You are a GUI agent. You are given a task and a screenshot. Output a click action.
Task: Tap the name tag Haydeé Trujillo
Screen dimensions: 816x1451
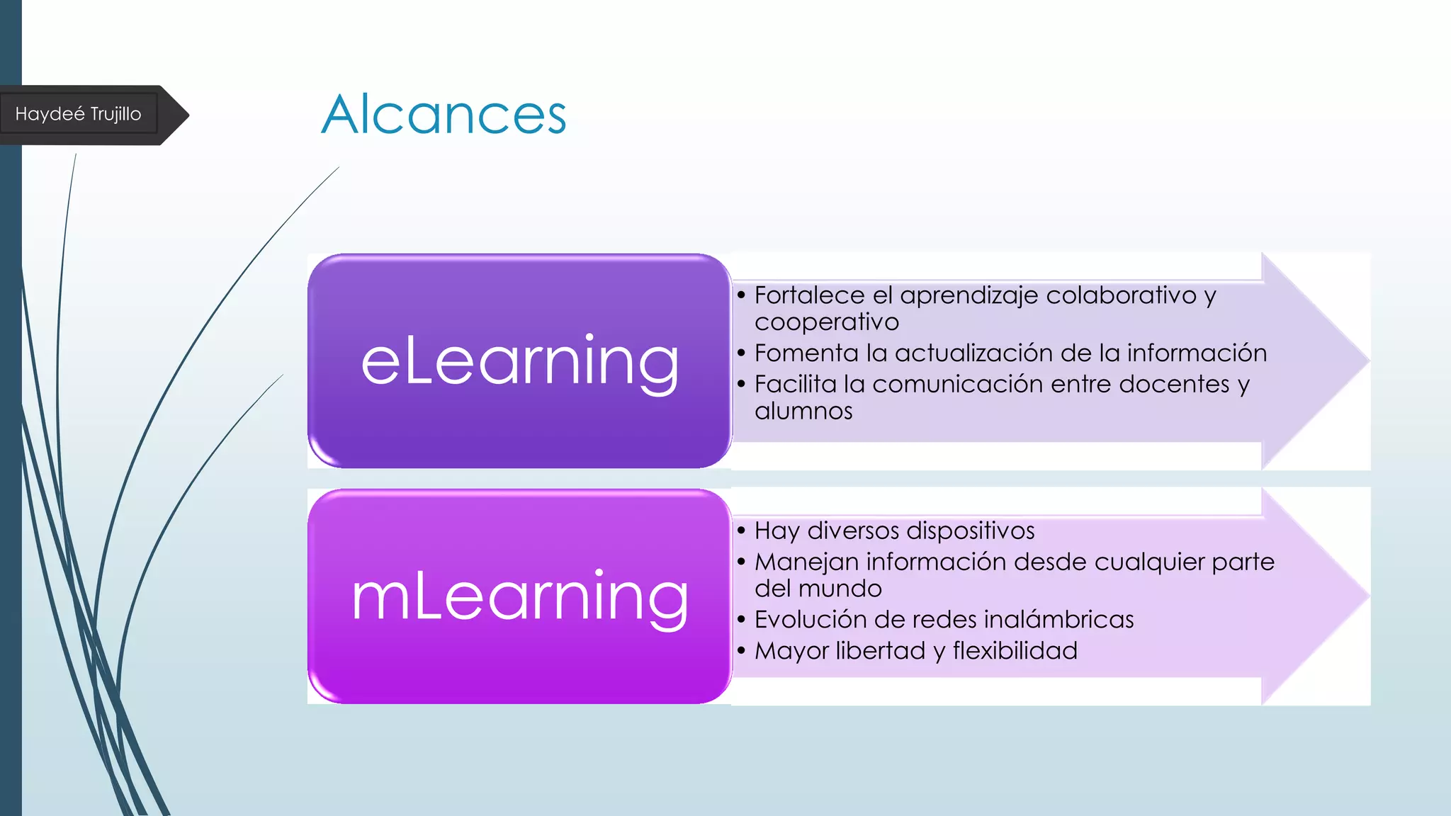tap(78, 114)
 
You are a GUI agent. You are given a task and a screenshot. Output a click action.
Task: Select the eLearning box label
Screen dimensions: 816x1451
tap(519, 361)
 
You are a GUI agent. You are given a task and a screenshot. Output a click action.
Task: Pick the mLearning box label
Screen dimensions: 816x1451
tap(519, 597)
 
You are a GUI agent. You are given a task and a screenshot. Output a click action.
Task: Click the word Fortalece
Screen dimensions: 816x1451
tap(809, 295)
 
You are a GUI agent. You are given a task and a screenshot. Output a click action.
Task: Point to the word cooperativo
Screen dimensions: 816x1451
tap(826, 322)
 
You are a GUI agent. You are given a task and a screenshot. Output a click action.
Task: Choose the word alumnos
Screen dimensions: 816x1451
tap(803, 411)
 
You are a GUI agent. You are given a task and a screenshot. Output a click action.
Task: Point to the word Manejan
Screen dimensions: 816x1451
tap(806, 562)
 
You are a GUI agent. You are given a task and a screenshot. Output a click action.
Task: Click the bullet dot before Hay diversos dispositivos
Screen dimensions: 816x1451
tap(741, 531)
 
